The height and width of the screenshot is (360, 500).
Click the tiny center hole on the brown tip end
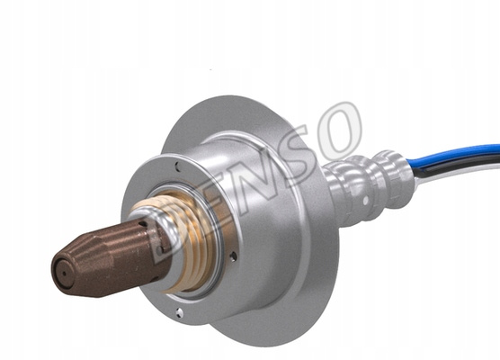(64, 274)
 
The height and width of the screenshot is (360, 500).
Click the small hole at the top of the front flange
(177, 166)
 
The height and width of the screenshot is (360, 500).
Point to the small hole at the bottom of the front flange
(180, 313)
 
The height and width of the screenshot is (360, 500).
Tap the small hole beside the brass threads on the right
(234, 256)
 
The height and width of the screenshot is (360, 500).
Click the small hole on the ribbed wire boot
(366, 201)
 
